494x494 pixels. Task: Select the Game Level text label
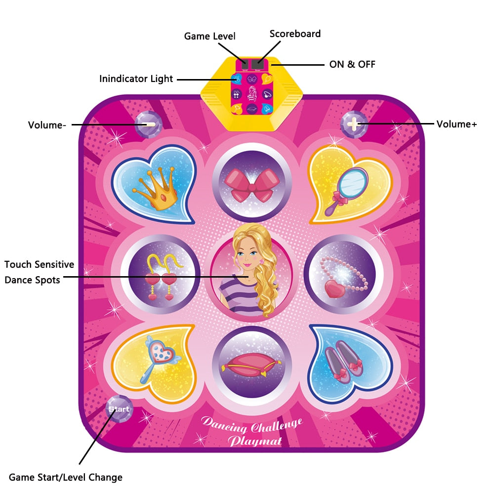(209, 36)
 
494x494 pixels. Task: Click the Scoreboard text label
(295, 34)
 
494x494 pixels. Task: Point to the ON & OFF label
(352, 64)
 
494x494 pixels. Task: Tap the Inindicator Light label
(136, 79)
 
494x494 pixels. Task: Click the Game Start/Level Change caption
(65, 477)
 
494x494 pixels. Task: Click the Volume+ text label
(456, 124)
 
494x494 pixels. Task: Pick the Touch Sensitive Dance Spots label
(40, 272)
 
